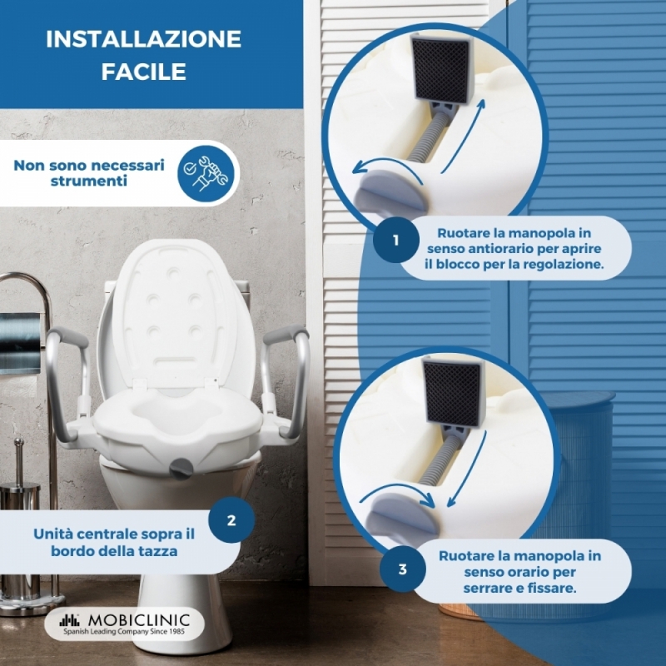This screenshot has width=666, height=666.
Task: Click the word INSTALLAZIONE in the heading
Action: (x=143, y=39)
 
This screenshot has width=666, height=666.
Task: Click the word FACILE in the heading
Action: (x=143, y=72)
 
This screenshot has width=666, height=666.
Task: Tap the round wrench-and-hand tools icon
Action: (x=206, y=173)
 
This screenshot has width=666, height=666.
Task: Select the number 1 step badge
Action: (x=396, y=240)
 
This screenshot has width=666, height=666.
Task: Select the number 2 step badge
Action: (x=231, y=520)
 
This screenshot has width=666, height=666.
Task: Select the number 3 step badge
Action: (x=403, y=569)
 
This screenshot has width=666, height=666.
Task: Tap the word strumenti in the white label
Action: (x=89, y=181)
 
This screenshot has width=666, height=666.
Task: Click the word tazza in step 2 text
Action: (x=159, y=551)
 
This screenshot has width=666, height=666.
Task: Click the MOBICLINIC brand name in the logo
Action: (x=138, y=620)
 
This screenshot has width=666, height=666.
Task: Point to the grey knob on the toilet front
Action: (x=181, y=468)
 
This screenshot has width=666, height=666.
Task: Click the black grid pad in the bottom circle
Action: (x=454, y=392)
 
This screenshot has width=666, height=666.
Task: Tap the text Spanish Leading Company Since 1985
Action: (x=124, y=632)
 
